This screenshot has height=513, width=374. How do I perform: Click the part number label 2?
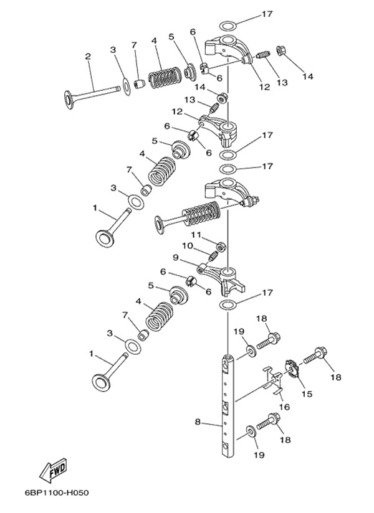(88, 57)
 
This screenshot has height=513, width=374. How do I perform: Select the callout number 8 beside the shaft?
(198, 421)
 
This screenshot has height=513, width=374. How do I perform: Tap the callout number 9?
(176, 257)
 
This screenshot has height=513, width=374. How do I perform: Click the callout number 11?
(195, 234)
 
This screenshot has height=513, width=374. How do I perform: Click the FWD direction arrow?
(54, 471)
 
